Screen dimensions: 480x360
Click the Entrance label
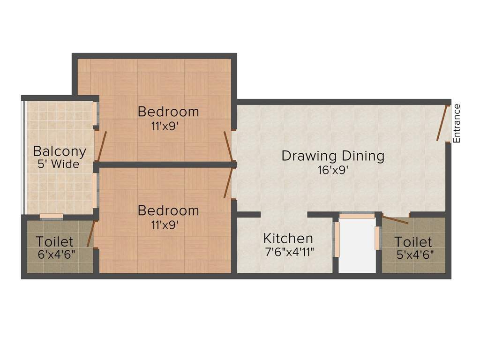click(x=457, y=123)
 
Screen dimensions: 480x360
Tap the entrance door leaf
click(x=442, y=123)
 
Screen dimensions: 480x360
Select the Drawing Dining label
click(x=333, y=156)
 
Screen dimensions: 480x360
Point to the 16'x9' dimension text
click(x=333, y=170)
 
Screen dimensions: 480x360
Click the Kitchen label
click(x=288, y=238)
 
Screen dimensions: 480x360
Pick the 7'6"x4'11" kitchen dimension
click(x=289, y=252)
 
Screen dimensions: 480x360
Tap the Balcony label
click(x=60, y=152)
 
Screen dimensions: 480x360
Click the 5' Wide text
click(x=59, y=165)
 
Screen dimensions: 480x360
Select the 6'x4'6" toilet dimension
click(x=57, y=255)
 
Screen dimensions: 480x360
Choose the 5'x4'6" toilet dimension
click(x=415, y=255)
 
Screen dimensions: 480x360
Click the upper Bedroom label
click(x=168, y=112)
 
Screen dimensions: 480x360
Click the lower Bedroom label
click(x=168, y=210)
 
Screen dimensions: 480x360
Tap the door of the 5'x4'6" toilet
click(x=395, y=220)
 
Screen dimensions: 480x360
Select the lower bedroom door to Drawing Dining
click(x=229, y=183)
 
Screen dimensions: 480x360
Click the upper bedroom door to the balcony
click(x=101, y=147)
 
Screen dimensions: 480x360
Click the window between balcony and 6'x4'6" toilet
click(x=52, y=217)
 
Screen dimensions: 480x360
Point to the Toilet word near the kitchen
click(x=413, y=242)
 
